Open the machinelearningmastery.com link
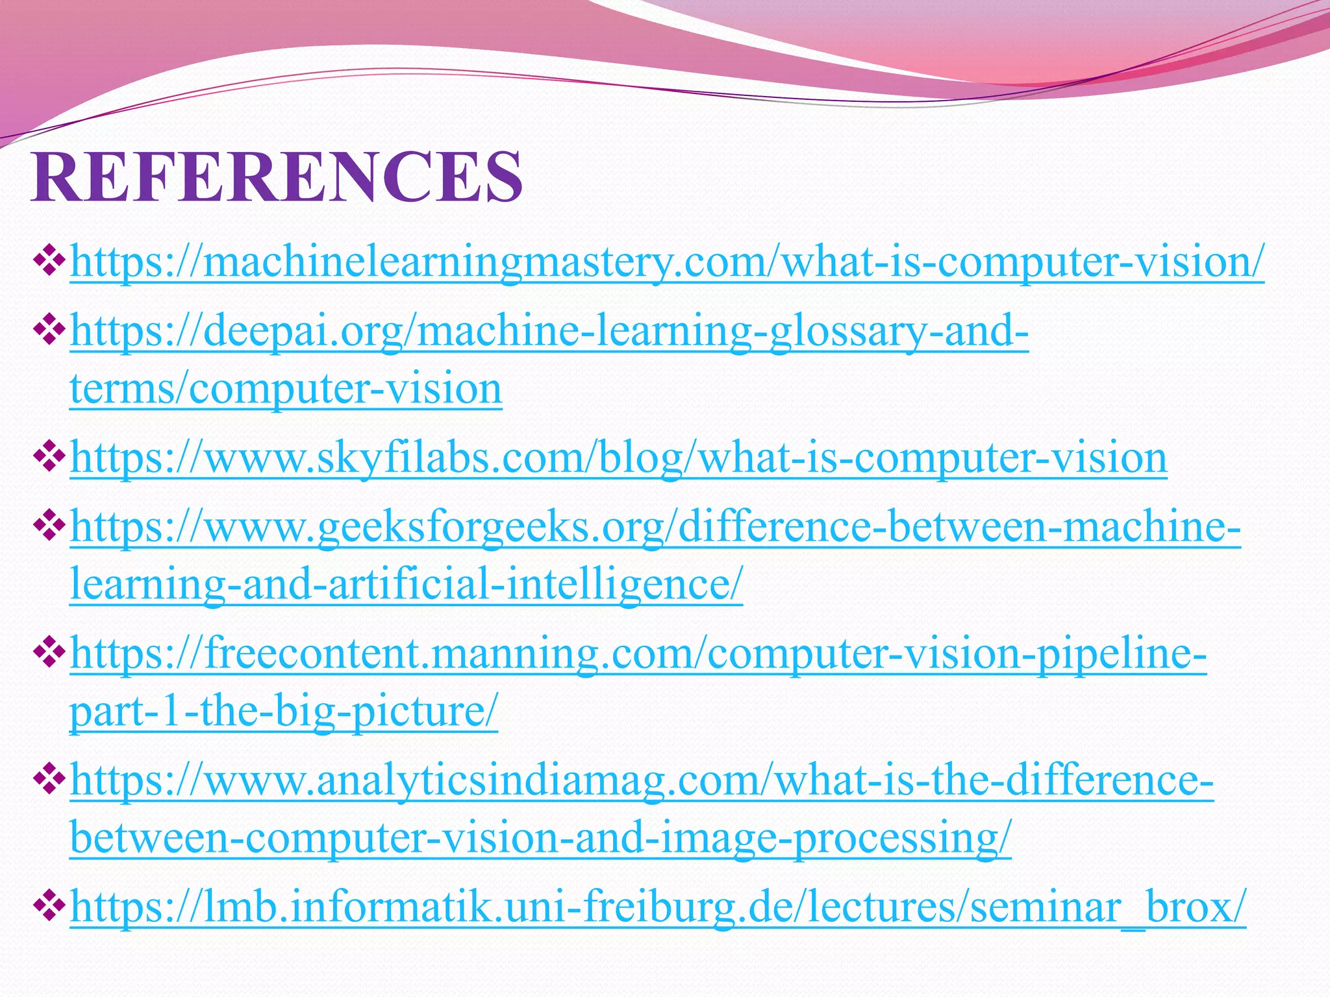pyautogui.click(x=667, y=262)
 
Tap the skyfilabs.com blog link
pyautogui.click(x=618, y=458)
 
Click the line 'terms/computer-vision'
pyautogui.click(x=286, y=389)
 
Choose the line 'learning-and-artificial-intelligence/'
pyautogui.click(x=406, y=584)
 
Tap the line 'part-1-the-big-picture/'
pyautogui.click(x=284, y=711)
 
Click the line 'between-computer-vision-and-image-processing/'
pyautogui.click(x=540, y=838)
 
